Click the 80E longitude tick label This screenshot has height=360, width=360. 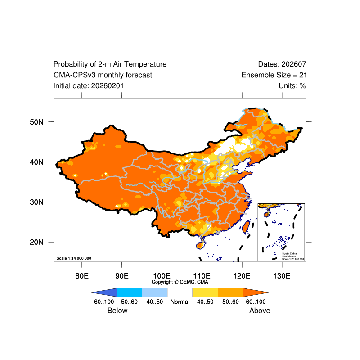(81, 275)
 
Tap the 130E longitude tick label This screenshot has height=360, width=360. (282, 275)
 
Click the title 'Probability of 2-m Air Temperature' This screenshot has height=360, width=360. (110, 64)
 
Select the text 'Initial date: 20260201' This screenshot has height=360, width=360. (89, 85)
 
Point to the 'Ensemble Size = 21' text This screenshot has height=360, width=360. (274, 75)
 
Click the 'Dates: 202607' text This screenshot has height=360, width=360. (282, 64)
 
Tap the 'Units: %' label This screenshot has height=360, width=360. (292, 85)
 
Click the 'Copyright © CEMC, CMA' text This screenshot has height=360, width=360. (180, 282)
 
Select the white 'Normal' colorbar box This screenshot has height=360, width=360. (180, 292)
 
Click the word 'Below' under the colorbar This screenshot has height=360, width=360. (117, 310)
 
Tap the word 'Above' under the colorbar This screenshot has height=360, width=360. (260, 310)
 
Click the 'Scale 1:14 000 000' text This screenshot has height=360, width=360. (74, 258)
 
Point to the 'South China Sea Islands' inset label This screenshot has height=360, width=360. (290, 255)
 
